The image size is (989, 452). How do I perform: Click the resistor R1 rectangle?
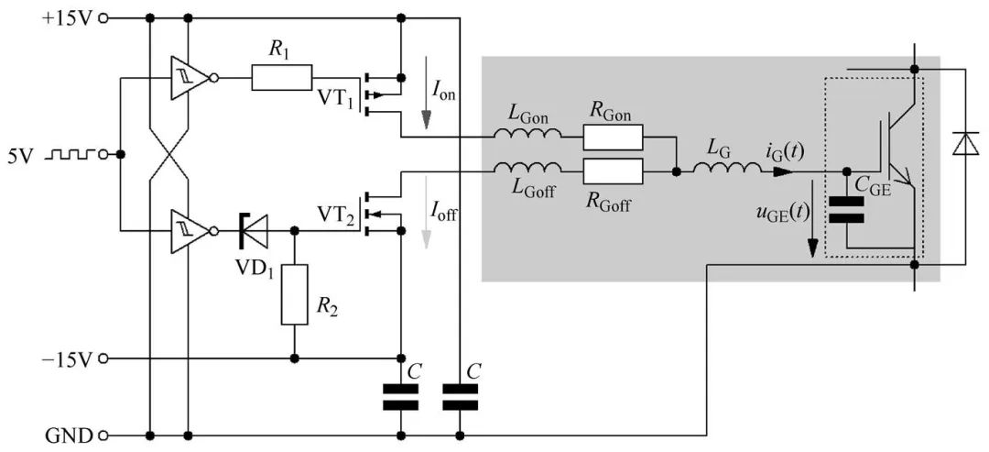click(x=282, y=78)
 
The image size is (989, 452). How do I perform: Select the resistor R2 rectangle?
click(x=295, y=293)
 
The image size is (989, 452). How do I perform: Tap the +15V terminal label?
click(x=67, y=17)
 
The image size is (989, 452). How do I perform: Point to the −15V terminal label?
click(x=67, y=358)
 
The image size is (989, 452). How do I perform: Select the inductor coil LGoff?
click(x=527, y=170)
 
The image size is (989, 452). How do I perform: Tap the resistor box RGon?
click(x=613, y=138)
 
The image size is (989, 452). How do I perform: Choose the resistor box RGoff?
click(x=613, y=171)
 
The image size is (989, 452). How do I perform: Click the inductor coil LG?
click(x=724, y=170)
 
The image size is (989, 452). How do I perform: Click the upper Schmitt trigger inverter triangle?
click(x=188, y=78)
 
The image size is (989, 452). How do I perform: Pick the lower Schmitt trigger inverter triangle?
click(x=188, y=230)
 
